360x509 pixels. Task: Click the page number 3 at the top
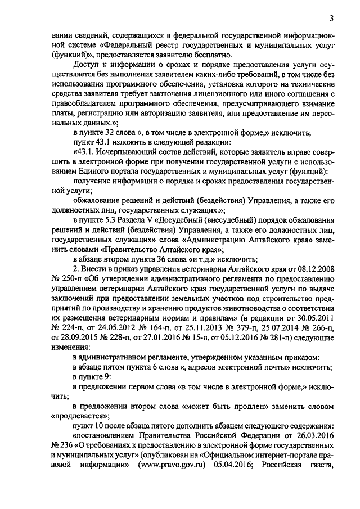pyautogui.click(x=332, y=18)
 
